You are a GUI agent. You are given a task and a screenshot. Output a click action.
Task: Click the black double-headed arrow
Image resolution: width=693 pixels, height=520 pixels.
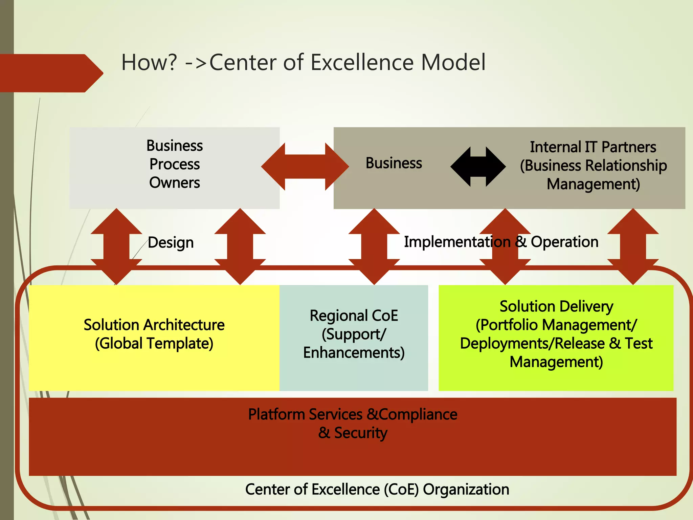[478, 167]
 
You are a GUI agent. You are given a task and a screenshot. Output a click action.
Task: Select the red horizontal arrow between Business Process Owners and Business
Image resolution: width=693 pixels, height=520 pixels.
[305, 167]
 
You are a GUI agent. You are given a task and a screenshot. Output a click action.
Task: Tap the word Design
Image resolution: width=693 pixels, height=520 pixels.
[171, 243]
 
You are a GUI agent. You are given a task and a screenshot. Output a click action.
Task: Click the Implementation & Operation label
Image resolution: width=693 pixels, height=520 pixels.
[501, 242]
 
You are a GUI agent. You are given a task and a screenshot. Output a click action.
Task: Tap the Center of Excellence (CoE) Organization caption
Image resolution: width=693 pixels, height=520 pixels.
[377, 490]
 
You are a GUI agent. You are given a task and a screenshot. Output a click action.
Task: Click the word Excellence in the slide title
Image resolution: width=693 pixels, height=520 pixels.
[362, 63]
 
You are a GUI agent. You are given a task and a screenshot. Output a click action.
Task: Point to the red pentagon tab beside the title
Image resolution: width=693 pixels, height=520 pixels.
[51, 73]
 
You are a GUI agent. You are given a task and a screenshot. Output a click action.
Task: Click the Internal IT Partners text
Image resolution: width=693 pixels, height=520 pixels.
[593, 147]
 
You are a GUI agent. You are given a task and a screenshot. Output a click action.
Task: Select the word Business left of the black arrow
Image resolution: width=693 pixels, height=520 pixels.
[394, 163]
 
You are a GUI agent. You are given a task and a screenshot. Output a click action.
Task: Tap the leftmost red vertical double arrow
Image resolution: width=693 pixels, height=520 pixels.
[116, 246]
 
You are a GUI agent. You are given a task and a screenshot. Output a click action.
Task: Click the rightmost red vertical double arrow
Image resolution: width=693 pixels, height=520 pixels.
[633, 246]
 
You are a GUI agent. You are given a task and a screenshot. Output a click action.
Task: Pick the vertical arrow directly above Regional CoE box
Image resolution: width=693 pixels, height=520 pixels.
[374, 246]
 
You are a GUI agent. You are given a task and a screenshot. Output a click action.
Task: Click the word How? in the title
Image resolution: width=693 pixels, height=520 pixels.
[149, 63]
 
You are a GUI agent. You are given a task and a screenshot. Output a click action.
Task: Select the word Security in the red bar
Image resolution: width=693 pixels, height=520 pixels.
[361, 433]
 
